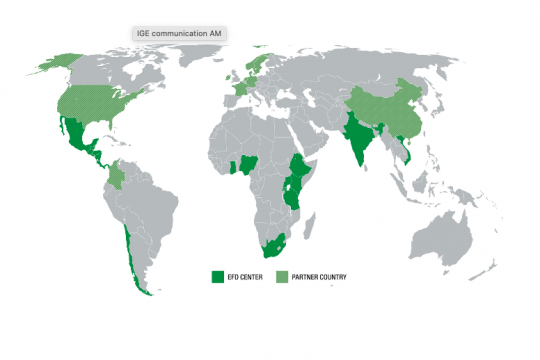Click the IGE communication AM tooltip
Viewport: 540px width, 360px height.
pos(180,33)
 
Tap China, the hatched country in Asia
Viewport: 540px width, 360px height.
pos(385,110)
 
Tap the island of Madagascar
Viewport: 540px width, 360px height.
pos(315,221)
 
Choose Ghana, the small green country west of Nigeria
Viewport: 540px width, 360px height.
pos(233,167)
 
